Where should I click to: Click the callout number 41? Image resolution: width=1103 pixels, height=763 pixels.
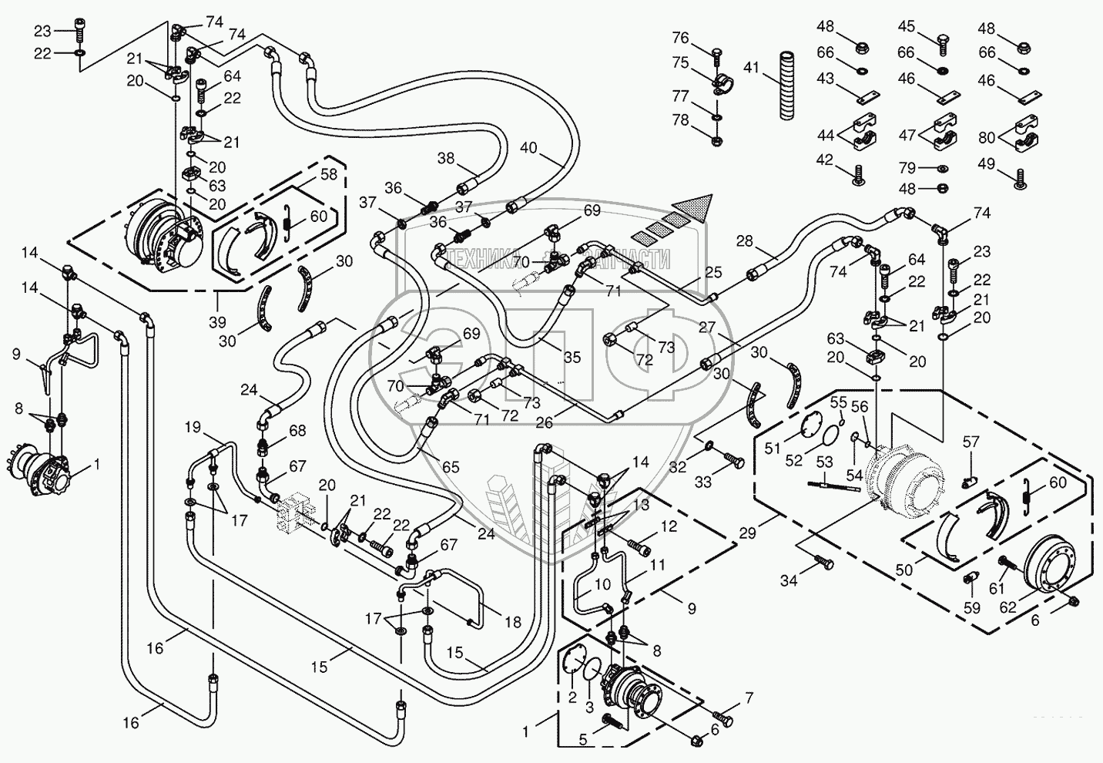tap(750, 67)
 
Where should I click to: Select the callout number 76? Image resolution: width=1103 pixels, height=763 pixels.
tap(680, 39)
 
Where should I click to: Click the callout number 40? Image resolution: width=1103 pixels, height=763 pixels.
tap(550, 147)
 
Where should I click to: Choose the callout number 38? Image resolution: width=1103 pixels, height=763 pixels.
tap(447, 158)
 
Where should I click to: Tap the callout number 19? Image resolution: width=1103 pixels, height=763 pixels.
tap(193, 428)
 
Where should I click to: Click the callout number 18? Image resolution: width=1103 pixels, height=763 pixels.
tap(512, 622)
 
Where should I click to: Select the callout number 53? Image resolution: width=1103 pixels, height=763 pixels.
tap(825, 462)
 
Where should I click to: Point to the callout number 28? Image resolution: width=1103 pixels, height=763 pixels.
tap(744, 242)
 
